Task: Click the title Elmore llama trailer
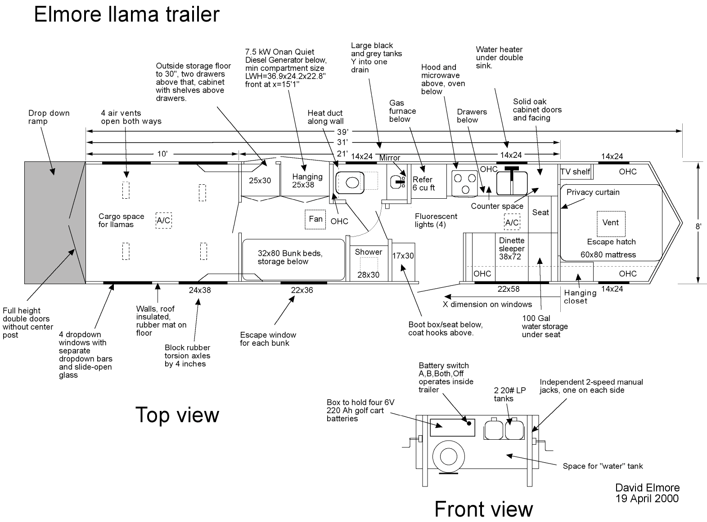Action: pyautogui.click(x=126, y=14)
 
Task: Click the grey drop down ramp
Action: pyautogui.click(x=54, y=222)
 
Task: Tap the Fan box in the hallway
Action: pyautogui.click(x=315, y=219)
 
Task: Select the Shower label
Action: pyautogui.click(x=368, y=252)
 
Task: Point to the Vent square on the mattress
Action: pyautogui.click(x=610, y=223)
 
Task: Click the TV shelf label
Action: pyautogui.click(x=575, y=172)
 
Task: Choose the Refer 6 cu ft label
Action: pyautogui.click(x=423, y=184)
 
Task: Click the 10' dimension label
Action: pyautogui.click(x=162, y=154)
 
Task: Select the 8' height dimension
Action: pyautogui.click(x=698, y=227)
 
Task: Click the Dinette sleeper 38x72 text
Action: pyautogui.click(x=512, y=249)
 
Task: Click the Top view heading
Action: pyautogui.click(x=177, y=415)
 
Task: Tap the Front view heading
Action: pyautogui.click(x=484, y=509)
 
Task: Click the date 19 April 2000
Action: pyautogui.click(x=647, y=498)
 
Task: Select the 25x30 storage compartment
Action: pyautogui.click(x=260, y=180)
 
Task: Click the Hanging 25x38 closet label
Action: pyautogui.click(x=307, y=180)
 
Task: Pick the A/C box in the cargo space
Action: pyautogui.click(x=163, y=220)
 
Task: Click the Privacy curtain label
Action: pyautogui.click(x=593, y=192)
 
